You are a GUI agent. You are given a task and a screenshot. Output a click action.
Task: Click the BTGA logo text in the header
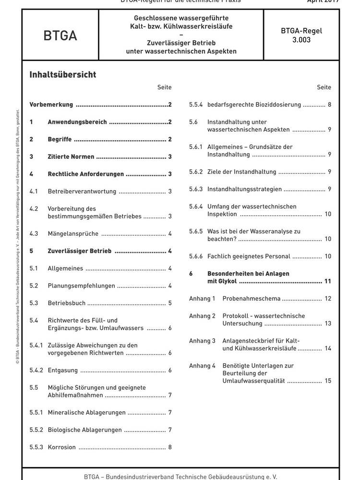[60, 36]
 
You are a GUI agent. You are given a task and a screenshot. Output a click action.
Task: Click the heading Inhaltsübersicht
[62, 75]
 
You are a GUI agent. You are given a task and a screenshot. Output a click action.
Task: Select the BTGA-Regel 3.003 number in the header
[301, 36]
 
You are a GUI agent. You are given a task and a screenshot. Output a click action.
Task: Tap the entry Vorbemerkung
[51, 105]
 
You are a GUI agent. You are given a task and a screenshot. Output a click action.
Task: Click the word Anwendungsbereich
[77, 122]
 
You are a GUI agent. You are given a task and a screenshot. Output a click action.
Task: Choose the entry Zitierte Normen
[71, 156]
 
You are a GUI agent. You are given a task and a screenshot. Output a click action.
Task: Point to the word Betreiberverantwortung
[82, 192]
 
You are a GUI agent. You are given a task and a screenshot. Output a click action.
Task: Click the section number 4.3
[34, 234]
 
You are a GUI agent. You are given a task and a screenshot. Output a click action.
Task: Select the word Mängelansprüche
[73, 234]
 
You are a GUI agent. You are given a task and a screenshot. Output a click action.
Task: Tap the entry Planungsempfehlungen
[81, 286]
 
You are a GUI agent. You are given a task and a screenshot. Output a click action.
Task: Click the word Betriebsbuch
[66, 303]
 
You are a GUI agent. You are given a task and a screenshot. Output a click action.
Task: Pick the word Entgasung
[62, 370]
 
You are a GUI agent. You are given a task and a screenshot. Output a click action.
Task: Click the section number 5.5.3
[36, 447]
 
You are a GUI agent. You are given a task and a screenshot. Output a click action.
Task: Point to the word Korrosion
[61, 447]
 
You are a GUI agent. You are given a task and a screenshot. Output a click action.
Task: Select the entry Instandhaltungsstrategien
[244, 189]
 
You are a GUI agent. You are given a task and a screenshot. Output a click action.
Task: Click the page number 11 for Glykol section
[328, 281]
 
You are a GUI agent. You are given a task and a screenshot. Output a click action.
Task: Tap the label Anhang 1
[202, 299]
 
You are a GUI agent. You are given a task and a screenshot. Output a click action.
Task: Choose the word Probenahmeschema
[251, 299]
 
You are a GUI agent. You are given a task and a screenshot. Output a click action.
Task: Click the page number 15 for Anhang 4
[328, 381]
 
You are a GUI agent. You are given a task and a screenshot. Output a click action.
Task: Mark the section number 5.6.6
[196, 256]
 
